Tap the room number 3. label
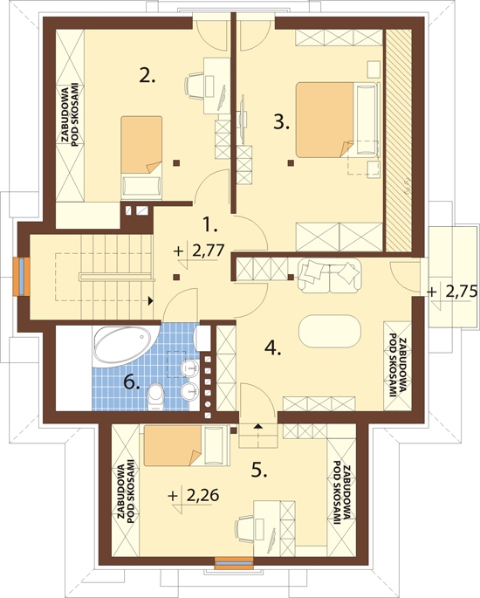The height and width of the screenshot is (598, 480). click(x=282, y=122)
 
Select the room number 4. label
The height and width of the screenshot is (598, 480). click(x=273, y=347)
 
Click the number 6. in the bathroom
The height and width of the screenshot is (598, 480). click(x=132, y=381)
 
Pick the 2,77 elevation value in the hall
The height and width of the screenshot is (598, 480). click(x=208, y=251)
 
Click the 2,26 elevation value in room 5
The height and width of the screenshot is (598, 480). click(x=202, y=495)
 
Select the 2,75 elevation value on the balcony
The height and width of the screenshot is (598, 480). click(x=462, y=292)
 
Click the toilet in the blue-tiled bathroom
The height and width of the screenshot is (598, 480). click(x=155, y=396)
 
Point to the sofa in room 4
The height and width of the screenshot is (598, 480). click(x=329, y=275)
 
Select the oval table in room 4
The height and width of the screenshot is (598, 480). click(x=329, y=331)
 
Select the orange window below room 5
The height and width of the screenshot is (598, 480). click(x=234, y=563)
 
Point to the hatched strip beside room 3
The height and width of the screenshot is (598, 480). click(x=399, y=140)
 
